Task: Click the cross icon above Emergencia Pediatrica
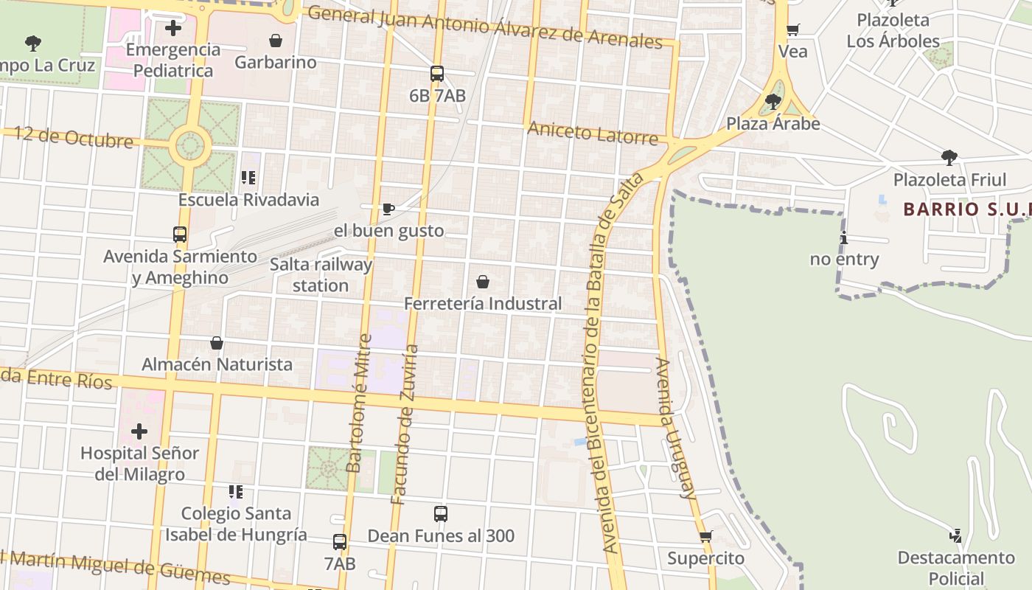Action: [x=173, y=29]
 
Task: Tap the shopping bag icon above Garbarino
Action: [x=276, y=41]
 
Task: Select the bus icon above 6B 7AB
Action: [x=437, y=74]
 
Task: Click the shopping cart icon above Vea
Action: [x=793, y=30]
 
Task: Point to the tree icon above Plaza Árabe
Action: [x=773, y=101]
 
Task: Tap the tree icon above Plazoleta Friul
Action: [x=949, y=157]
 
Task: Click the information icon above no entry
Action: [x=844, y=237]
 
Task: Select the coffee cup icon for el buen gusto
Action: [x=388, y=209]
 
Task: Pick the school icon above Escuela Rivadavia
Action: [x=248, y=178]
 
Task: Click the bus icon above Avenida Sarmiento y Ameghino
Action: [x=180, y=235]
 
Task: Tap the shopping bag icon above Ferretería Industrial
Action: [x=483, y=282]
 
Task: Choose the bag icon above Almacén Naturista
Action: [x=217, y=343]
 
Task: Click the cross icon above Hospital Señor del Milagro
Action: [x=139, y=431]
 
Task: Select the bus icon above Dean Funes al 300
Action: [x=441, y=514]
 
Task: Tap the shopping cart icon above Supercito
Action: [x=705, y=537]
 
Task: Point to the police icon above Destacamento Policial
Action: [x=956, y=535]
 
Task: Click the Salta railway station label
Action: [x=321, y=274]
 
